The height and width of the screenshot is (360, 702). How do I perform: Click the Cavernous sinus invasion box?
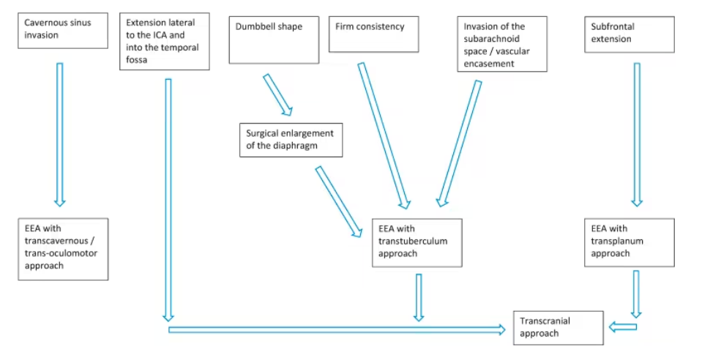click(x=63, y=31)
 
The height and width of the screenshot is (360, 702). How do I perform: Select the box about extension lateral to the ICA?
click(x=164, y=41)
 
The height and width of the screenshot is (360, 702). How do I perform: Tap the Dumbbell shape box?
click(x=274, y=40)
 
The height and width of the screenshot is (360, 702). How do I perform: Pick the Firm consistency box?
click(x=374, y=34)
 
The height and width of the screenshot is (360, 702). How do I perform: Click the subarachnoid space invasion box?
click(x=502, y=44)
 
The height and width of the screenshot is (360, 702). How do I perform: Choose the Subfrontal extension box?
click(x=630, y=34)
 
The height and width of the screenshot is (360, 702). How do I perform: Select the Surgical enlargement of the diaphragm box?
click(x=291, y=140)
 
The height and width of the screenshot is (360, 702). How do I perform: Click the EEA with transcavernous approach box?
click(x=63, y=250)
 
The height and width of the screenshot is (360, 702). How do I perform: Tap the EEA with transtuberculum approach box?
click(x=417, y=243)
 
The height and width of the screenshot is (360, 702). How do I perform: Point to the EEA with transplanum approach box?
click(x=630, y=243)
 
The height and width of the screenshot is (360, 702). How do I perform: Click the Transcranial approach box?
click(x=559, y=329)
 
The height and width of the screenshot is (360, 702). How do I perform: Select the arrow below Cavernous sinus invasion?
click(x=59, y=135)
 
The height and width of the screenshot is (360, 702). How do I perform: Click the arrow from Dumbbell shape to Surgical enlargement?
click(x=278, y=95)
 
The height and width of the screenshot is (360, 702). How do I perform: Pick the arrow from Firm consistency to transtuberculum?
click(x=384, y=135)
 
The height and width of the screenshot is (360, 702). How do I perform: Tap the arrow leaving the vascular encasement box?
click(x=459, y=143)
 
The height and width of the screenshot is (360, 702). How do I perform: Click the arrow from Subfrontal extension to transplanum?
click(x=637, y=135)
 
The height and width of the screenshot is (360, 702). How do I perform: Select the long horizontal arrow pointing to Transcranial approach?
click(x=337, y=330)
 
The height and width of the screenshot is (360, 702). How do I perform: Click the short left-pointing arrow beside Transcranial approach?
click(x=623, y=327)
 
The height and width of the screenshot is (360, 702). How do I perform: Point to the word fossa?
click(x=137, y=59)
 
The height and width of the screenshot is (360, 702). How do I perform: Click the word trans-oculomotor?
click(x=61, y=253)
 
